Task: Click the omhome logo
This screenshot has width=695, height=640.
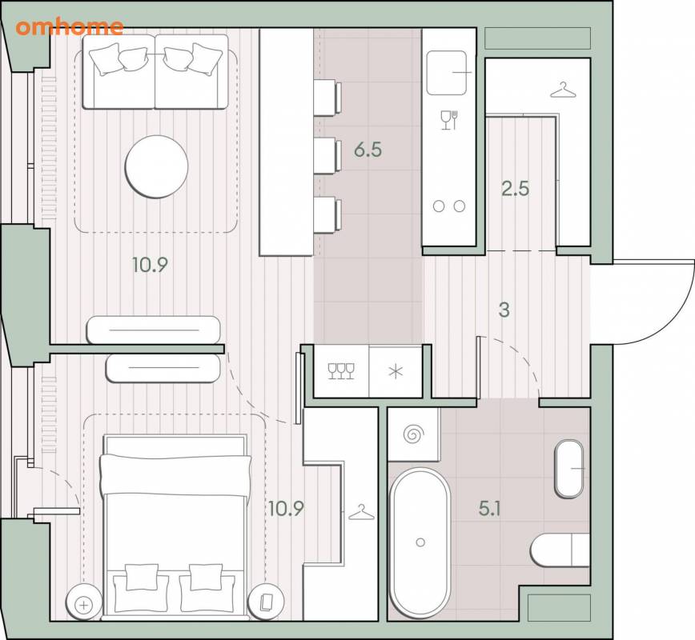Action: click(x=69, y=27)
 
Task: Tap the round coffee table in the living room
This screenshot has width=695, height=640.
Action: click(x=156, y=166)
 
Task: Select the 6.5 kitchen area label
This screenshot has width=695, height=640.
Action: click(x=368, y=150)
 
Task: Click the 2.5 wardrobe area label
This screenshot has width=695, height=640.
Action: click(x=516, y=189)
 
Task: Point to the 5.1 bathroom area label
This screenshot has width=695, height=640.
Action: click(x=490, y=509)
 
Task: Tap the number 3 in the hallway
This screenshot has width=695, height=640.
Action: click(x=504, y=310)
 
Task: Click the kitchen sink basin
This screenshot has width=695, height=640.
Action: click(x=447, y=73)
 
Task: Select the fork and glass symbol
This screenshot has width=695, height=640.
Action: click(x=449, y=119)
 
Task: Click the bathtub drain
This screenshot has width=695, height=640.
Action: click(x=420, y=542)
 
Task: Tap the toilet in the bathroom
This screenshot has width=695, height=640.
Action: click(x=560, y=550)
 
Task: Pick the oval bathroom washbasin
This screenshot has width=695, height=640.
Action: click(x=569, y=469)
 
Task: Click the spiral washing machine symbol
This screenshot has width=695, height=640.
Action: click(x=414, y=434)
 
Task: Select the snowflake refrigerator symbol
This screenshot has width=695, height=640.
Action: click(x=396, y=371)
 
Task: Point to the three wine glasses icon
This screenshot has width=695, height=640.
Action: click(x=341, y=371)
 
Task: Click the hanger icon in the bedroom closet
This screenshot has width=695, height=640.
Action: click(x=361, y=513)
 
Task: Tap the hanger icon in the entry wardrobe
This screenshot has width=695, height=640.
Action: click(x=563, y=90)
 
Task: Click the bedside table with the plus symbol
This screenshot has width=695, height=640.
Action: click(x=84, y=605)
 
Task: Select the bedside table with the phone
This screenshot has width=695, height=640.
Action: click(x=266, y=602)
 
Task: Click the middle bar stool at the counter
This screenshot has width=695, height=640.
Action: click(x=327, y=155)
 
